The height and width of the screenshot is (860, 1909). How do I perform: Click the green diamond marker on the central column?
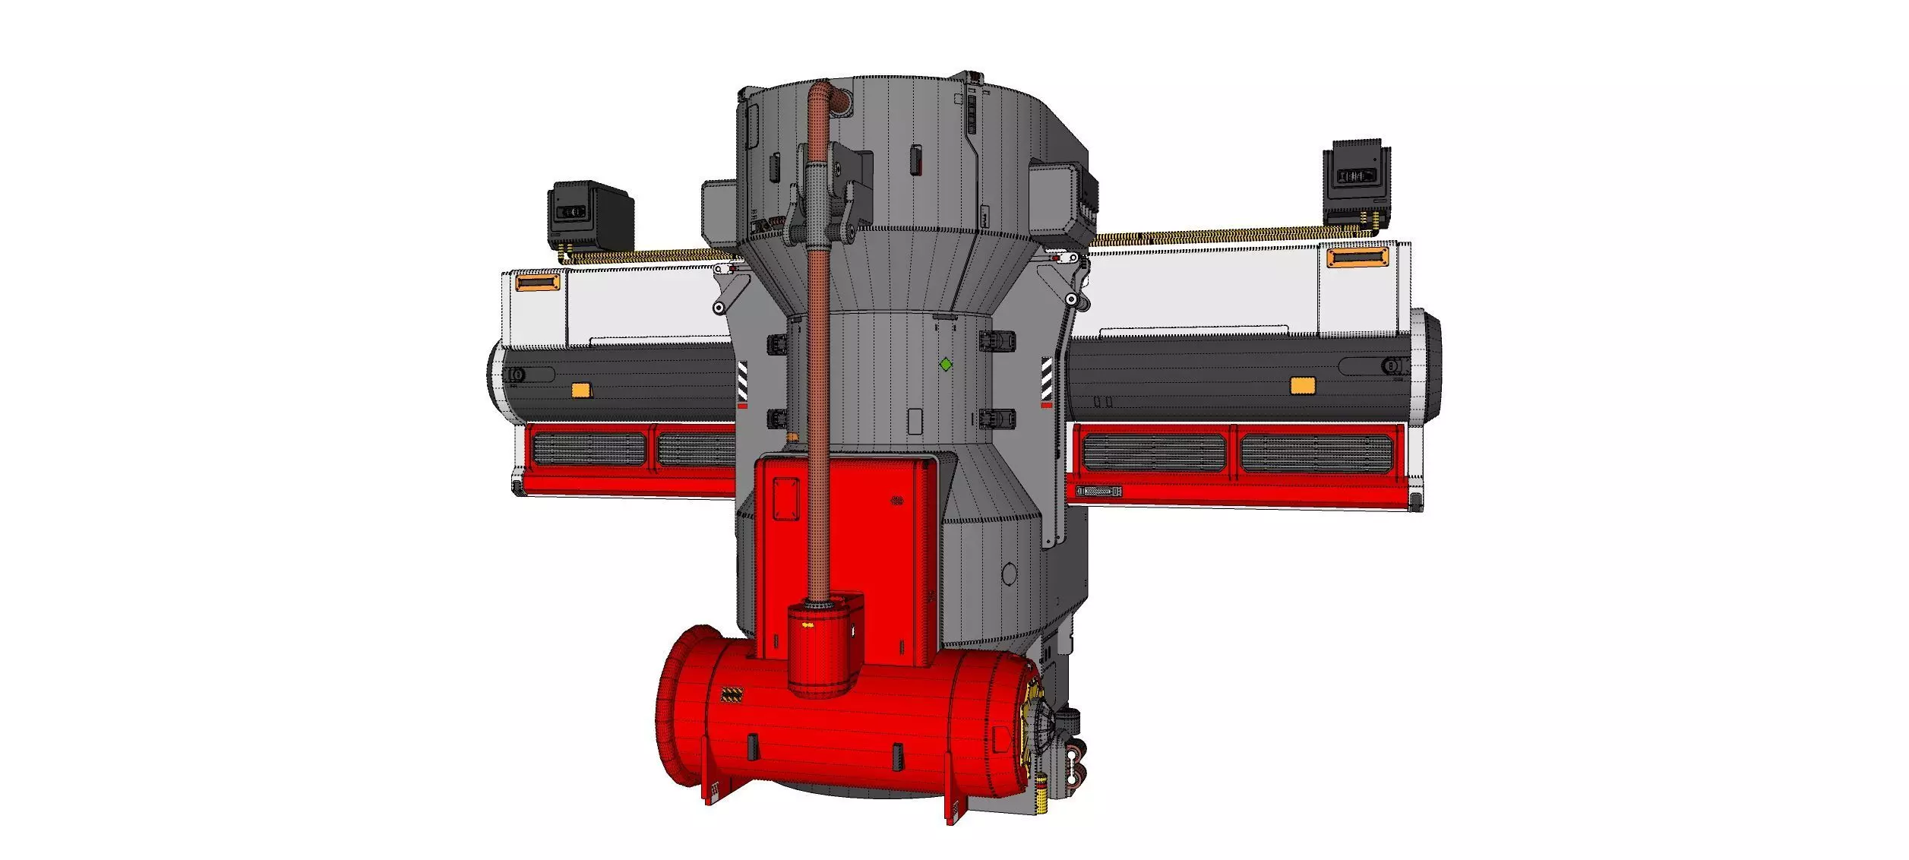(946, 365)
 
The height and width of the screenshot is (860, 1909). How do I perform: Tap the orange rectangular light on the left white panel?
(538, 283)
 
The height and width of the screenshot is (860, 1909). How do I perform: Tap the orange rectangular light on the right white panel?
(1357, 257)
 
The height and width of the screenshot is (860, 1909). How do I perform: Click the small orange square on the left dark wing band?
(580, 390)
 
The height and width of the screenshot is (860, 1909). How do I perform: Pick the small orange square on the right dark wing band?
(1303, 386)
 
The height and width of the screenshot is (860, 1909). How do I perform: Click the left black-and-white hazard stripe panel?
(742, 384)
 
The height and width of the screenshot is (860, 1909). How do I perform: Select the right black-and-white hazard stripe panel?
(1046, 380)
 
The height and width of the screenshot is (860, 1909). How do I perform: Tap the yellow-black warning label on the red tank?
(732, 694)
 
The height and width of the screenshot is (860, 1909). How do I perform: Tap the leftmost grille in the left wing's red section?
(589, 449)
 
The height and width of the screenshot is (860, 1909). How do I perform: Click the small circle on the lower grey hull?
(1009, 574)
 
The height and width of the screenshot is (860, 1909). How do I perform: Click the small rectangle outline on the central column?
(915, 422)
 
